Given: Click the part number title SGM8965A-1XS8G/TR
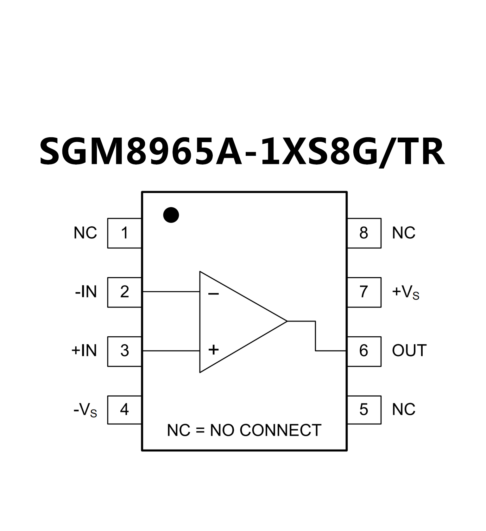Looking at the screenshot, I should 242,152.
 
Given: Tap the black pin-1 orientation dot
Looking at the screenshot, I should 171,215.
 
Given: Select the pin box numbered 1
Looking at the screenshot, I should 124,233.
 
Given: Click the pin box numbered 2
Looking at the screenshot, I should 124,292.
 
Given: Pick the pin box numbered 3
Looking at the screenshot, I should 124,351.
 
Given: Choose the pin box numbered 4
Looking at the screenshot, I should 124,410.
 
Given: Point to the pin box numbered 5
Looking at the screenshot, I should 364,410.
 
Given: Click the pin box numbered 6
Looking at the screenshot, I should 364,351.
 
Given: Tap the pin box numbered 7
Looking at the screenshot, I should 364,292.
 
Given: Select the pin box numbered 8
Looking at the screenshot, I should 364,233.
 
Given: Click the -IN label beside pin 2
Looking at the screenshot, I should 86,292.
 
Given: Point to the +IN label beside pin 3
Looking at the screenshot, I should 84,351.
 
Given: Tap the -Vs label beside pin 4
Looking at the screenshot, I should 85,410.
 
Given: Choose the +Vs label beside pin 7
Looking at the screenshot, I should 406,292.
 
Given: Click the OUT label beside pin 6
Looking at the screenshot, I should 409,351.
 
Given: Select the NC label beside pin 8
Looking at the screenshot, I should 403,233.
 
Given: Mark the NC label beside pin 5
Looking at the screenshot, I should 403,410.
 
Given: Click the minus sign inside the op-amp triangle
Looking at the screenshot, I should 213,294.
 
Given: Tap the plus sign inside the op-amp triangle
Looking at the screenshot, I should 213,350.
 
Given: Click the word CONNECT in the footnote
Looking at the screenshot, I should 281,431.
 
